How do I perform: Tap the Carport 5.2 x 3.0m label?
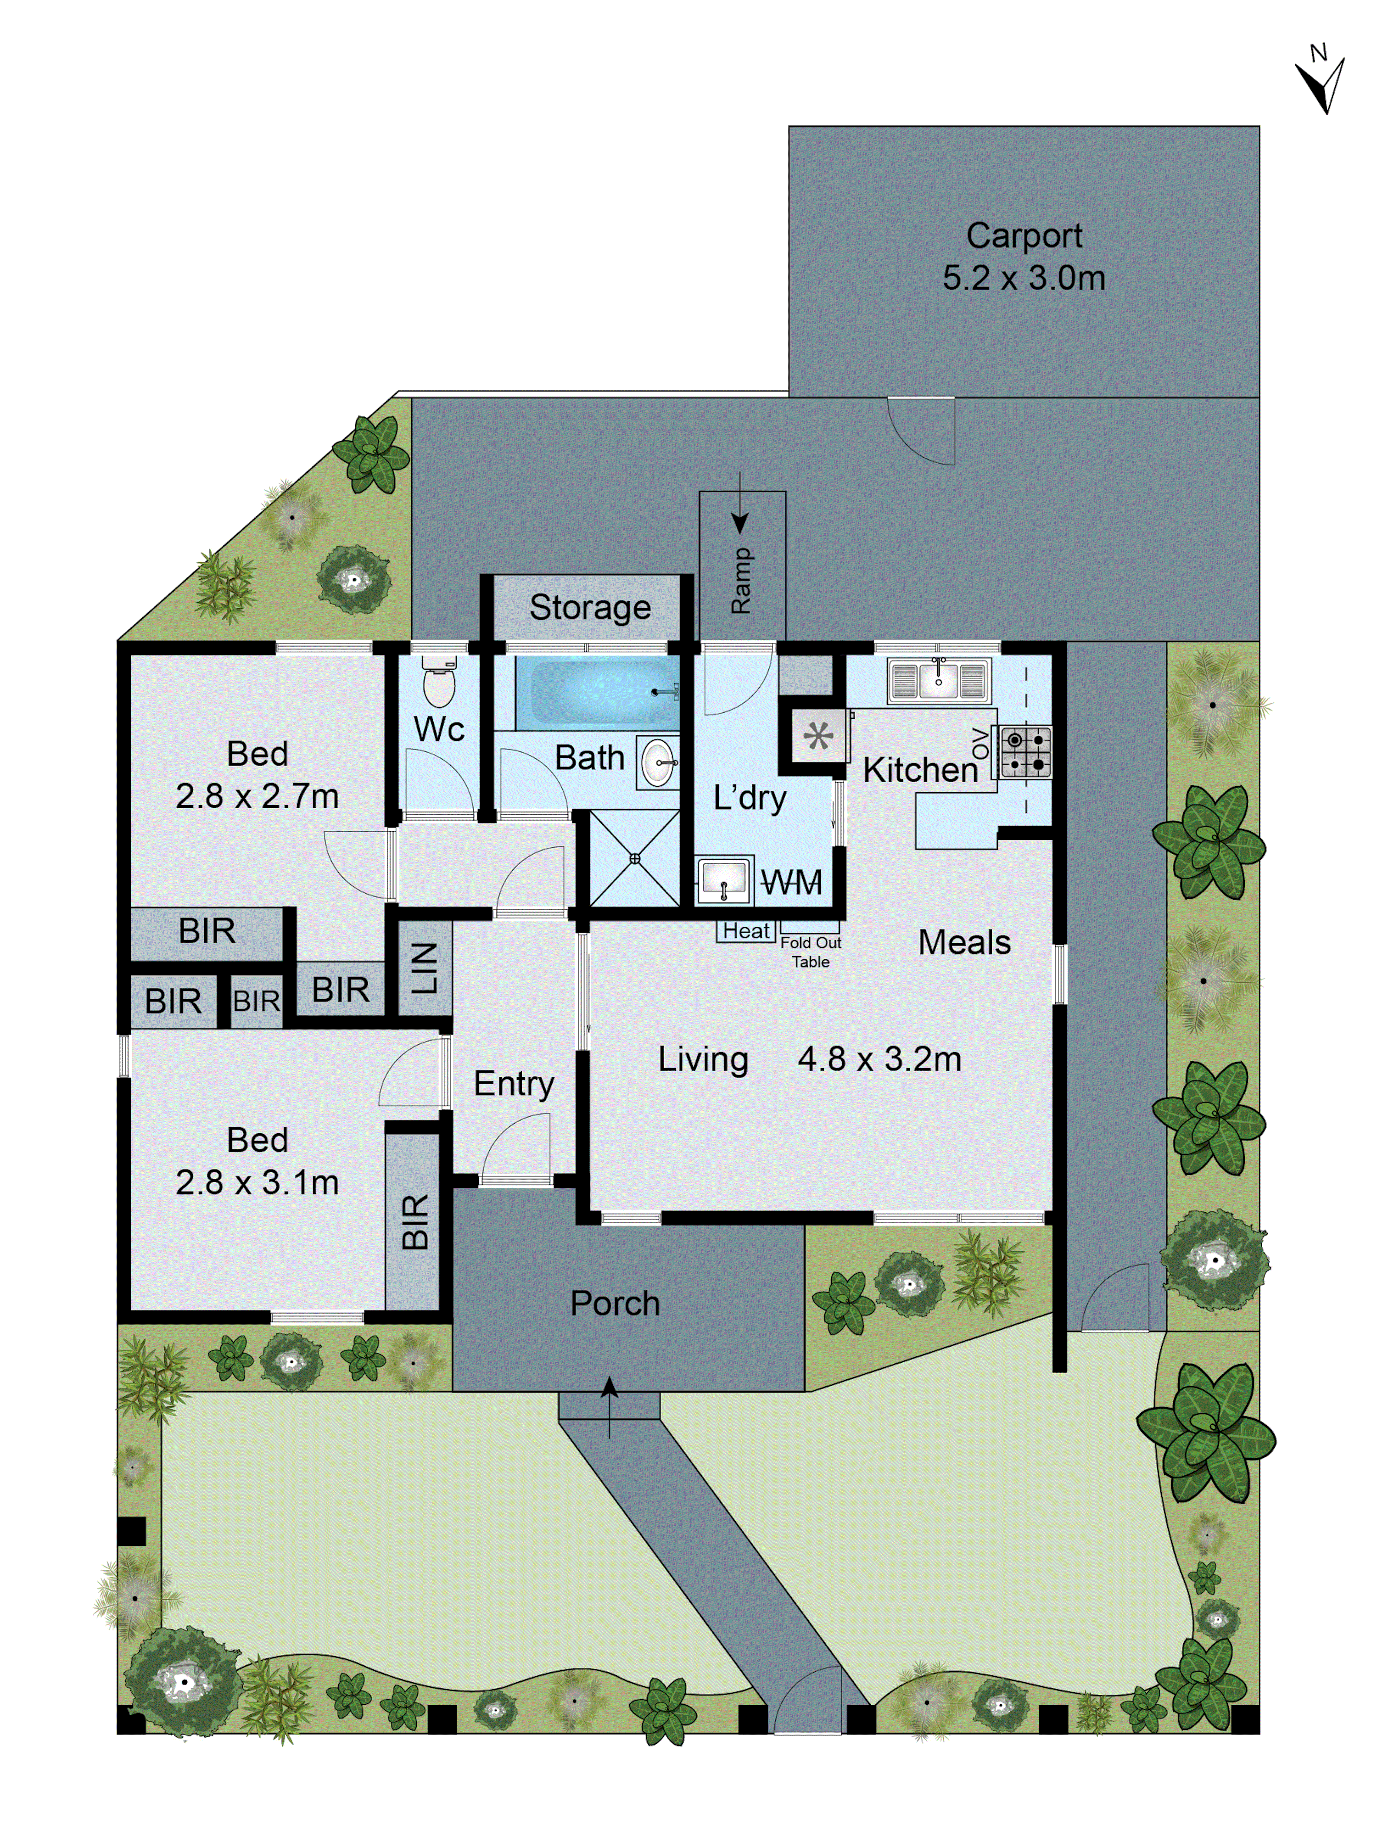1024,257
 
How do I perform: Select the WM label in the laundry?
791,882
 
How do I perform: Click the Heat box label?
745,931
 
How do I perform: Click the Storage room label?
590,608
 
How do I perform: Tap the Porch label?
615,1303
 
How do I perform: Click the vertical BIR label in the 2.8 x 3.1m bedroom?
414,1222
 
